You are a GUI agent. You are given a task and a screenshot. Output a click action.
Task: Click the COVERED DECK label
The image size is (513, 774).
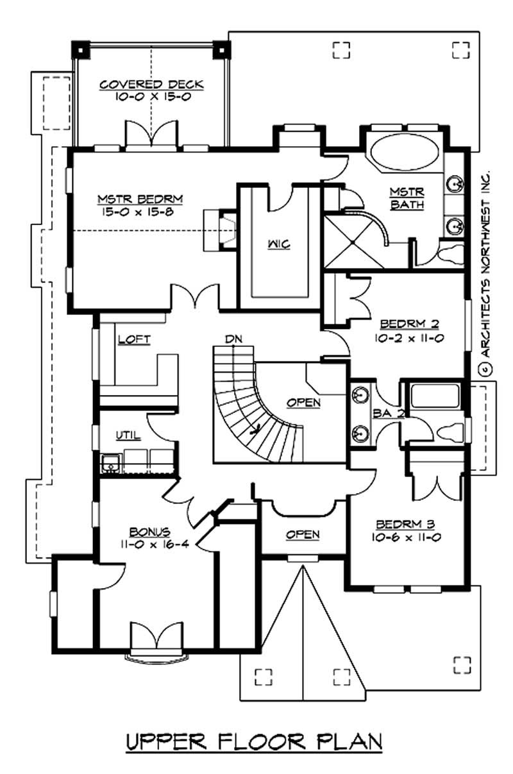151,85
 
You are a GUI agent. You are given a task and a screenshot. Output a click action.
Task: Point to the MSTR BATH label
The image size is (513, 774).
407,198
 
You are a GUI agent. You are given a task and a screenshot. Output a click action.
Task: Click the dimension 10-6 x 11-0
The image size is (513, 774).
405,537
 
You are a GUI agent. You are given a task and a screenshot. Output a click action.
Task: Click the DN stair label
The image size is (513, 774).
233,338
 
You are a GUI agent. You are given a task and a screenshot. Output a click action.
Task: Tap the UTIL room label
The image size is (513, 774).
128,435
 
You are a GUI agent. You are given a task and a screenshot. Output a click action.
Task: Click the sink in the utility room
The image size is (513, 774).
110,460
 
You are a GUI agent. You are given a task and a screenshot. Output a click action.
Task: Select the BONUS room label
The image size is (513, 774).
149,532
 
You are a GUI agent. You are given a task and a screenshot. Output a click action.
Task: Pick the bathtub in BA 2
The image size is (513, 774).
436,395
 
